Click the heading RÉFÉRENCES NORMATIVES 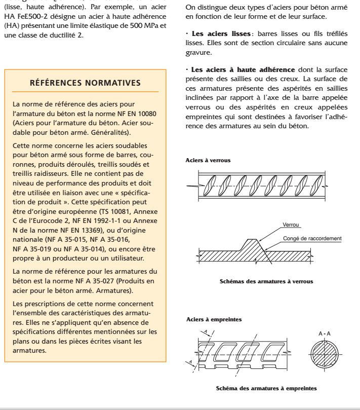[x=85, y=82]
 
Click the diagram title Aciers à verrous [x=209, y=160]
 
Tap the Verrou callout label [x=291, y=225]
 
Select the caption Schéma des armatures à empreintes [x=266, y=388]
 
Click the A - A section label [x=325, y=334]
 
